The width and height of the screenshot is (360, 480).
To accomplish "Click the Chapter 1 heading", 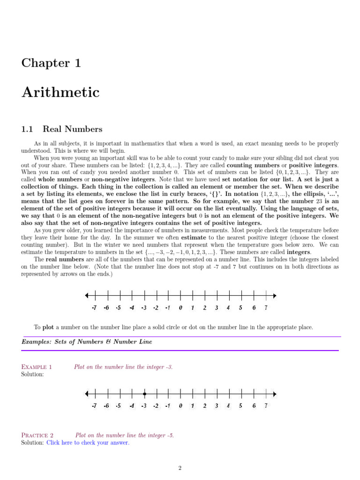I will pos(51,63).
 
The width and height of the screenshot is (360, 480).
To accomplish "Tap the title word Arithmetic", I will pos(60,92).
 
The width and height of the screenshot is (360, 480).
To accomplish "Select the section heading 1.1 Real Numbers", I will pos(62,129).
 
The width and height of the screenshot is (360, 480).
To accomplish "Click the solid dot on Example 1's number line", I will pos(144,394).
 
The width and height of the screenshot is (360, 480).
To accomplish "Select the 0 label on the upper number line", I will pos(180,308).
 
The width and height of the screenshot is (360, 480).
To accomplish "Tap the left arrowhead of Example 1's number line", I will pos(87,394).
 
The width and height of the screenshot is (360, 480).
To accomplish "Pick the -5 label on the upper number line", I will pos(119,308).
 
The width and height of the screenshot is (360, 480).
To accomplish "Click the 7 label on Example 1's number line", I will pos(266,406).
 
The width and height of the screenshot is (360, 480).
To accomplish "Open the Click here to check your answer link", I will pos(88,442).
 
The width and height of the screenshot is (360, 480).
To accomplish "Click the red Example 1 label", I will pos(37,367).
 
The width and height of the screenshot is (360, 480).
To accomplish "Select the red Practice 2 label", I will pos(37,435).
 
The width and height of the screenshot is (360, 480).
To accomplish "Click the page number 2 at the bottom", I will pos(180,468).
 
